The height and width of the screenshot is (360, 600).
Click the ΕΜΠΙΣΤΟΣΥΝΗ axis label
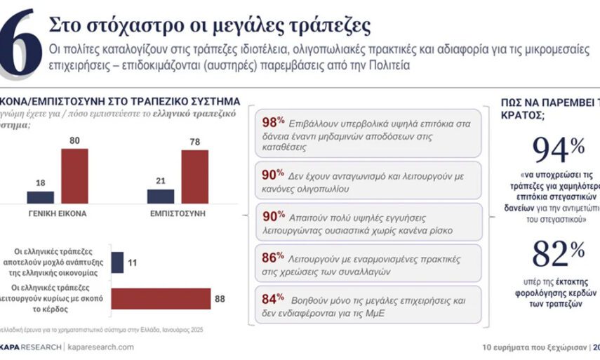pos(178,213)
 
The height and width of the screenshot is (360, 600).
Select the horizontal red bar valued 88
pos(161,299)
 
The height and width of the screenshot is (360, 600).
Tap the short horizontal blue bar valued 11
pos(117,262)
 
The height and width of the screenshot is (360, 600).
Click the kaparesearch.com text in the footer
pos(101,347)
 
